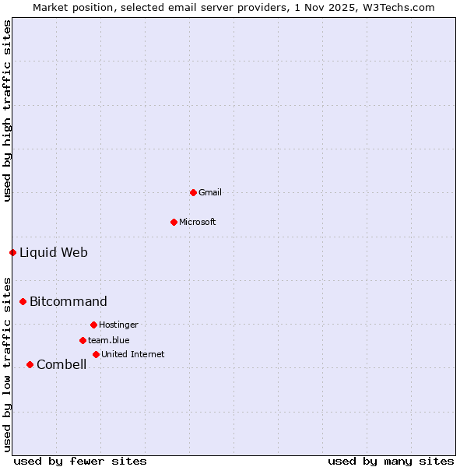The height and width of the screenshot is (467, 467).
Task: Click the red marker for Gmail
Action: click(193, 192)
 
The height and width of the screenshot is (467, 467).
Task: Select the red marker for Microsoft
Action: click(174, 222)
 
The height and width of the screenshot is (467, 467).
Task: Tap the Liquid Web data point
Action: click(12, 252)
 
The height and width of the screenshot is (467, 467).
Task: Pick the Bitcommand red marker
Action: click(23, 301)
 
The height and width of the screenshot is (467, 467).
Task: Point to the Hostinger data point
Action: click(93, 325)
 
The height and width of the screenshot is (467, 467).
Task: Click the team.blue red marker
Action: click(83, 340)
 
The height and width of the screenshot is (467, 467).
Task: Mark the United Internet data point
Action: click(96, 354)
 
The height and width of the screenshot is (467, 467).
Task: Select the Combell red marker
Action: click(30, 364)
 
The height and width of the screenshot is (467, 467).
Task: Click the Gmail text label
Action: click(210, 192)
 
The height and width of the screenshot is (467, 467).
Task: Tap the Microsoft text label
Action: click(198, 222)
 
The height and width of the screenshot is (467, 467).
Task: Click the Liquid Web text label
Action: click(54, 252)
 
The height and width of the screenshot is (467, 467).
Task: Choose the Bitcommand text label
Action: click(68, 301)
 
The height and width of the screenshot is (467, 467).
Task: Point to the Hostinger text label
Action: click(118, 325)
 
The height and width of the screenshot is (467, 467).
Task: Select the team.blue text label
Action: click(109, 340)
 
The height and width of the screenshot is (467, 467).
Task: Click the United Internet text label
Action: click(133, 354)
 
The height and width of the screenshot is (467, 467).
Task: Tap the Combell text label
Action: click(61, 364)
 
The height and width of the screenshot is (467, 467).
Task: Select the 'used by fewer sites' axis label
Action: click(80, 461)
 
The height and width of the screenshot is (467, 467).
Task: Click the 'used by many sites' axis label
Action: click(391, 461)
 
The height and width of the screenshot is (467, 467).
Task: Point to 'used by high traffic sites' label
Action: click(7, 111)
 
